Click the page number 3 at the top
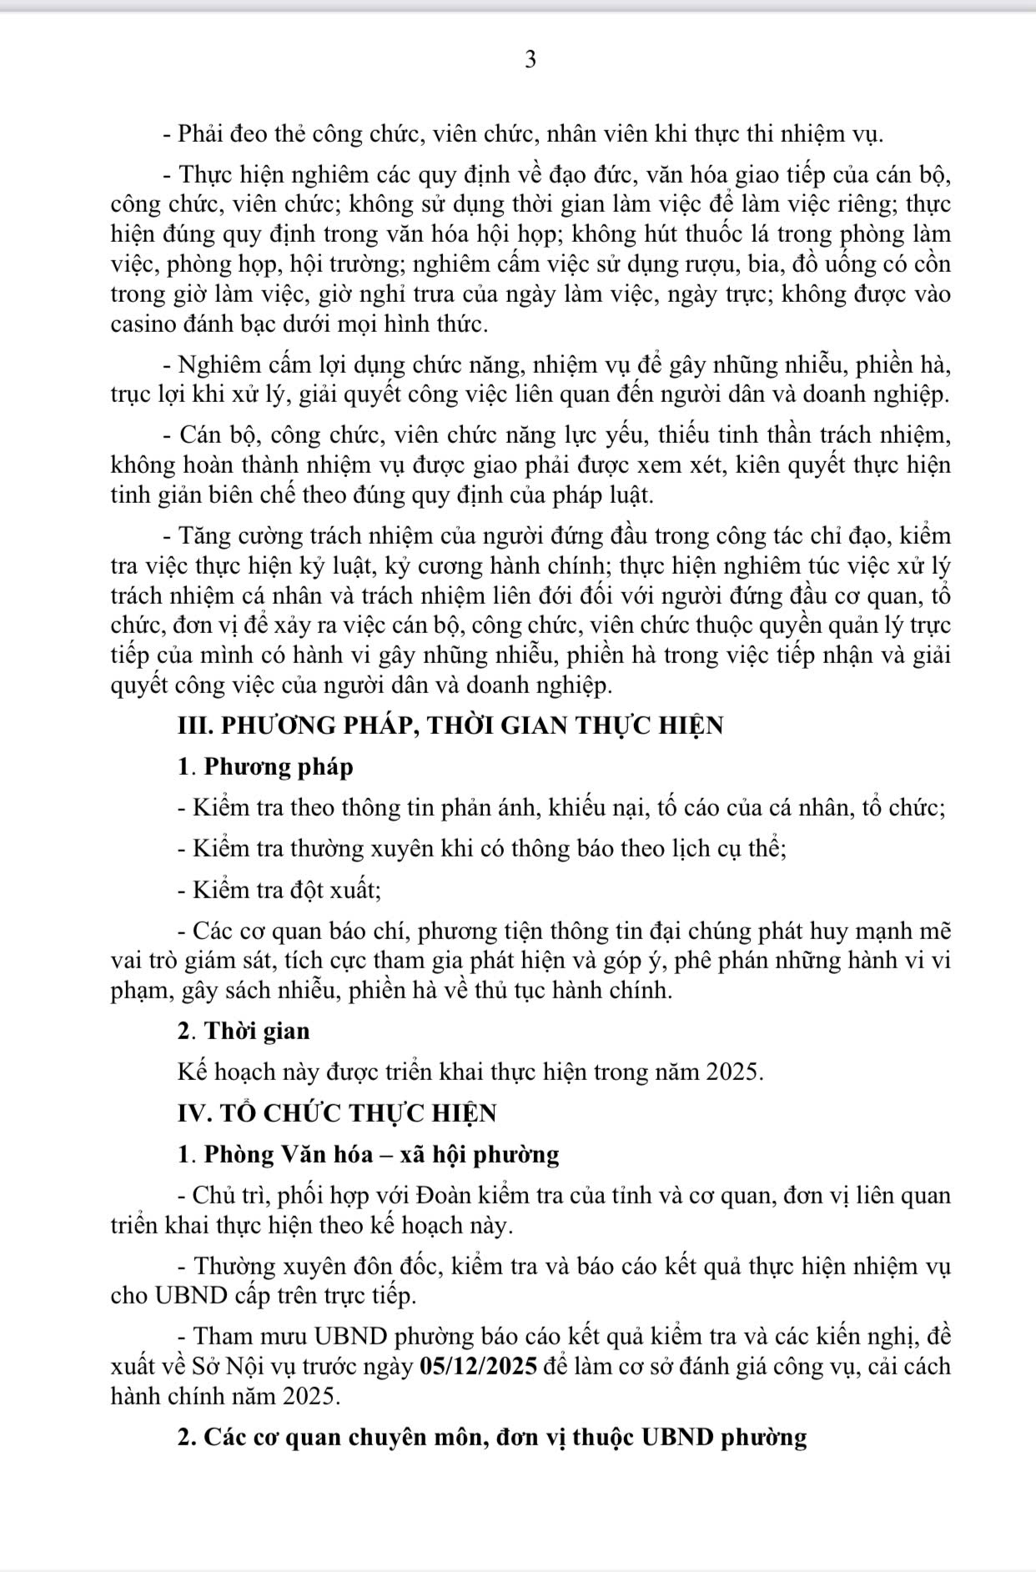coord(530,60)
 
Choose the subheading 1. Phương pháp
coord(265,766)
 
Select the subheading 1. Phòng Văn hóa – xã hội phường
coord(368,1154)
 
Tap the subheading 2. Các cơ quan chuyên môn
coord(492,1438)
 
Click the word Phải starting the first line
coord(200,133)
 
